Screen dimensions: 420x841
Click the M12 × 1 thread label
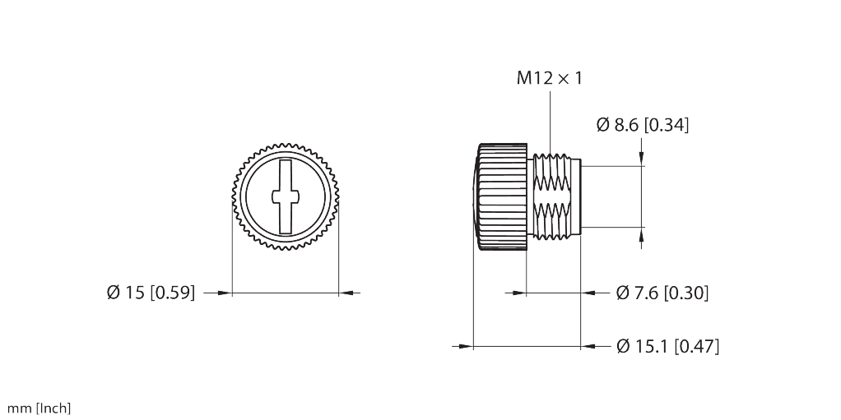click(549, 78)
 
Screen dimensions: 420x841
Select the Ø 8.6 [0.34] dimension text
click(642, 125)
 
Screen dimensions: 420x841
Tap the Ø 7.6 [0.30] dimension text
click(662, 293)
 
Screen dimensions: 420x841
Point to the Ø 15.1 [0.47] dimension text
click(667, 347)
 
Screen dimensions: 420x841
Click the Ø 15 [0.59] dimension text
click(151, 293)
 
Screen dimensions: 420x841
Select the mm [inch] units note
click(39, 408)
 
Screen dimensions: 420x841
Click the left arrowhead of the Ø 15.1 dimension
click(463, 346)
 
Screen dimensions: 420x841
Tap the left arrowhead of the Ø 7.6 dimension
click(519, 292)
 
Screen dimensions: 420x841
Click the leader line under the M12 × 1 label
click(550, 123)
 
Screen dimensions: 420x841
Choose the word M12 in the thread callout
click(534, 78)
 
